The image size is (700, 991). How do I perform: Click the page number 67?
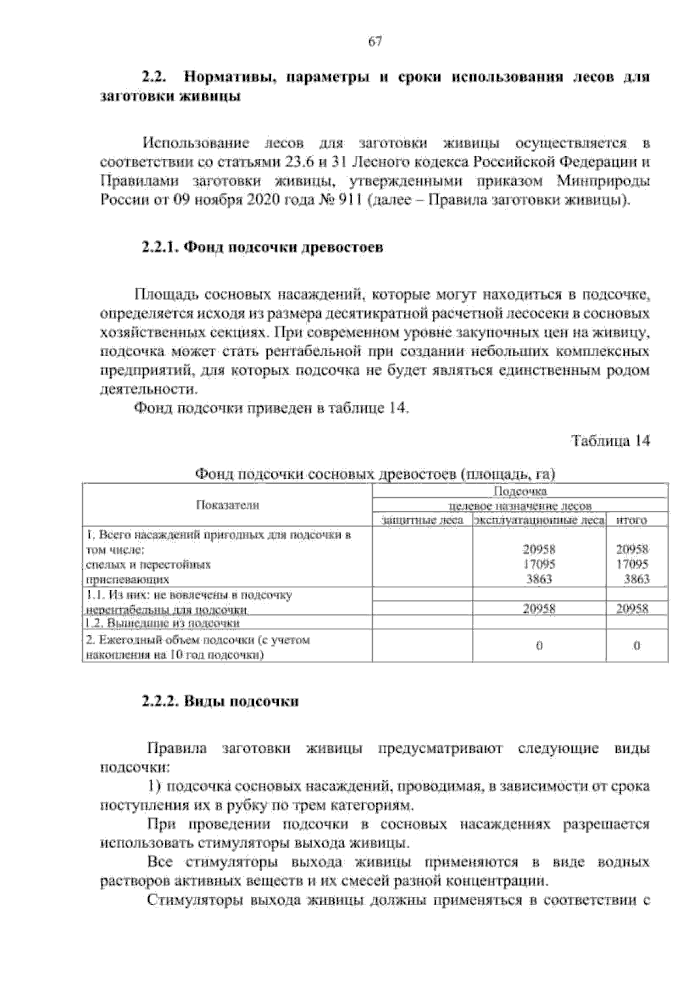click(374, 41)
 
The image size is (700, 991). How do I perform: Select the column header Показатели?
click(228, 505)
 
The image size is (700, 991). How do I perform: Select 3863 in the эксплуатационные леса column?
click(538, 580)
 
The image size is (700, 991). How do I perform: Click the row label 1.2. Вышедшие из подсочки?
click(163, 623)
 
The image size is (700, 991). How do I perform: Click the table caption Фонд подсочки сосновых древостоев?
click(327, 474)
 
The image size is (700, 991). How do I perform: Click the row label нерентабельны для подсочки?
click(166, 609)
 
